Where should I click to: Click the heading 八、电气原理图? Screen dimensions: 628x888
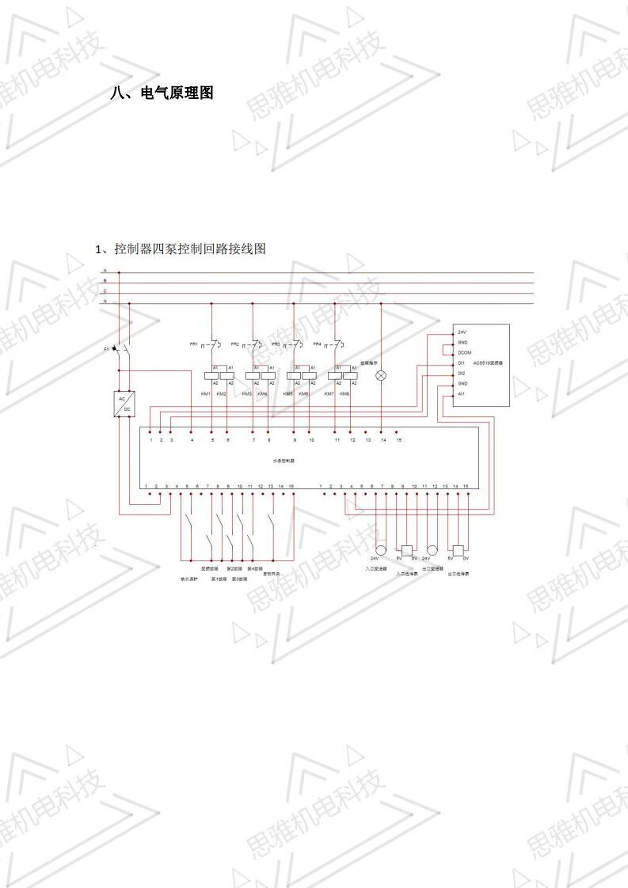pos(162,93)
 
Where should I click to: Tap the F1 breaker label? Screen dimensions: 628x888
pos(107,348)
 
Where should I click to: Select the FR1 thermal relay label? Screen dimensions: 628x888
pos(193,344)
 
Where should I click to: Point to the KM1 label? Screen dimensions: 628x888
pos(205,393)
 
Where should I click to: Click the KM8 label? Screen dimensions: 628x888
pos(344,393)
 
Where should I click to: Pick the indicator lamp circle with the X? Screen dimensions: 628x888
pos(382,375)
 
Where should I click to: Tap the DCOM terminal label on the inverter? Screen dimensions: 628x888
pos(464,352)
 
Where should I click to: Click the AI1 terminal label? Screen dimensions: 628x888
pos(462,393)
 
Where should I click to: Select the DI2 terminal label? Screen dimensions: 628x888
pos(462,373)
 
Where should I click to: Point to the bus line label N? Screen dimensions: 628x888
pos(105,302)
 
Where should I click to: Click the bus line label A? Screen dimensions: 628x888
pos(105,271)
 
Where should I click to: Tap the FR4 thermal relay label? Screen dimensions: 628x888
pos(317,344)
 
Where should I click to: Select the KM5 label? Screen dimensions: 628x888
pos(287,393)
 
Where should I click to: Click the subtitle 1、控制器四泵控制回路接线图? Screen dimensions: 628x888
pos(181,249)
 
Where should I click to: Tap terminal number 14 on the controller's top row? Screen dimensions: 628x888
pos(383,439)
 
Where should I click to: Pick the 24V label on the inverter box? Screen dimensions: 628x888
pos(462,332)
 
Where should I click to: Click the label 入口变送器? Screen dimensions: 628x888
pos(375,568)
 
